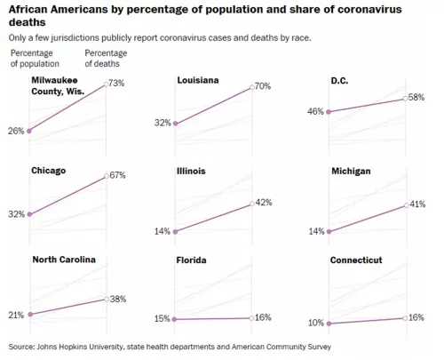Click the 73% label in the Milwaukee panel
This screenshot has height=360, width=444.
[116, 84]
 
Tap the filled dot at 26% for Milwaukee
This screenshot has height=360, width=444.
[29, 131]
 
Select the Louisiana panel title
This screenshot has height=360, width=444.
[198, 80]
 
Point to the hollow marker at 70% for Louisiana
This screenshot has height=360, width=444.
[252, 87]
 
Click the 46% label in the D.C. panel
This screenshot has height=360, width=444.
[315, 111]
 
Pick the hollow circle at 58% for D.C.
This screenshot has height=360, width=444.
[405, 99]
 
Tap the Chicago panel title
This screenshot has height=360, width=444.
[49, 171]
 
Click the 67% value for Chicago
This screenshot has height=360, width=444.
[117, 175]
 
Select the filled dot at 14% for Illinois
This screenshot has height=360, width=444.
[175, 232]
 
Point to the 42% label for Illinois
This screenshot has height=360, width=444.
[264, 203]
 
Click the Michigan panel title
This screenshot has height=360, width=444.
[351, 172]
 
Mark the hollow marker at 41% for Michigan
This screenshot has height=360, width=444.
[407, 205]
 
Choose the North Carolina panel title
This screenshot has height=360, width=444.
[64, 260]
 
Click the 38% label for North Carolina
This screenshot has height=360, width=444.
[118, 299]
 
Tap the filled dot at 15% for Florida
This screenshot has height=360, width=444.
[174, 319]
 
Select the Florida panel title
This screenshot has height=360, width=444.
[191, 260]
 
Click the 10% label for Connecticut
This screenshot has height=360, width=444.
[316, 323]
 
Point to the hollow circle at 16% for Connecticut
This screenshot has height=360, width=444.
[405, 318]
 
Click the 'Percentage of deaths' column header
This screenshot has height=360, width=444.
[106, 59]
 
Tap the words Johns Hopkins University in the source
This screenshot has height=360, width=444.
[79, 347]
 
